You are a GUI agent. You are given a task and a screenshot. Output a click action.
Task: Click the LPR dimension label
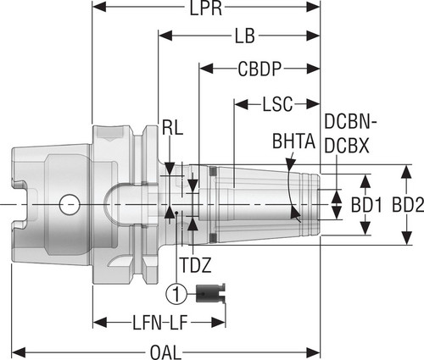click(206, 8)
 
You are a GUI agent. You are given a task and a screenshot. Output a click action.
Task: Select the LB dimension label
click(245, 36)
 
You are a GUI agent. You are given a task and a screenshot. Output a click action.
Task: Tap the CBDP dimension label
click(259, 69)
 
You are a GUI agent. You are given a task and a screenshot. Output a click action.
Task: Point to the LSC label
click(277, 104)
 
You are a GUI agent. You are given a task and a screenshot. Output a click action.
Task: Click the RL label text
click(172, 128)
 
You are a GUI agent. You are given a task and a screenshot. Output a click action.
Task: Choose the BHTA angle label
click(293, 141)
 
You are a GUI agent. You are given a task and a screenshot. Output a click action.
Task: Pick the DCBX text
click(347, 146)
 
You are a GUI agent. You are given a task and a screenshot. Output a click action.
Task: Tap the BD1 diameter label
click(366, 205)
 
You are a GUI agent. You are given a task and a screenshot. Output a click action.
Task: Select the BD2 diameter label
click(408, 205)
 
